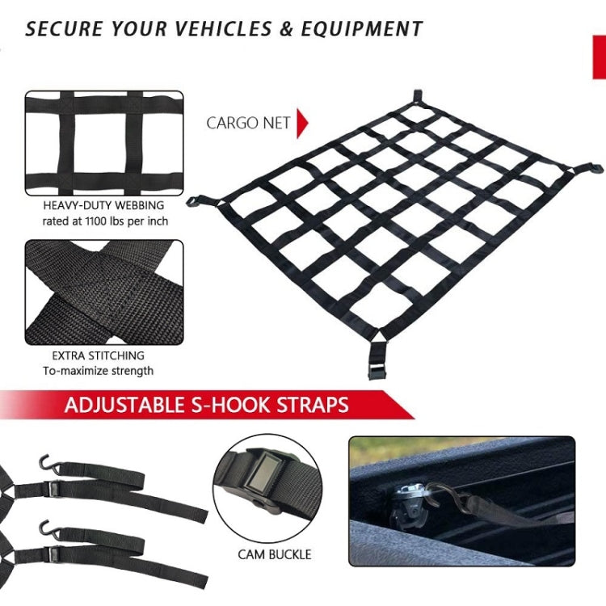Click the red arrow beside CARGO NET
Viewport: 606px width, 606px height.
click(302, 123)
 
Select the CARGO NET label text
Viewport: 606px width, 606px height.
click(249, 123)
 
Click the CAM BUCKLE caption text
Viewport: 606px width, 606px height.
click(275, 554)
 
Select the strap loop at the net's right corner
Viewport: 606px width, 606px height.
click(593, 168)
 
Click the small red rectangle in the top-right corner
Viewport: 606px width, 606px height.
click(599, 57)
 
